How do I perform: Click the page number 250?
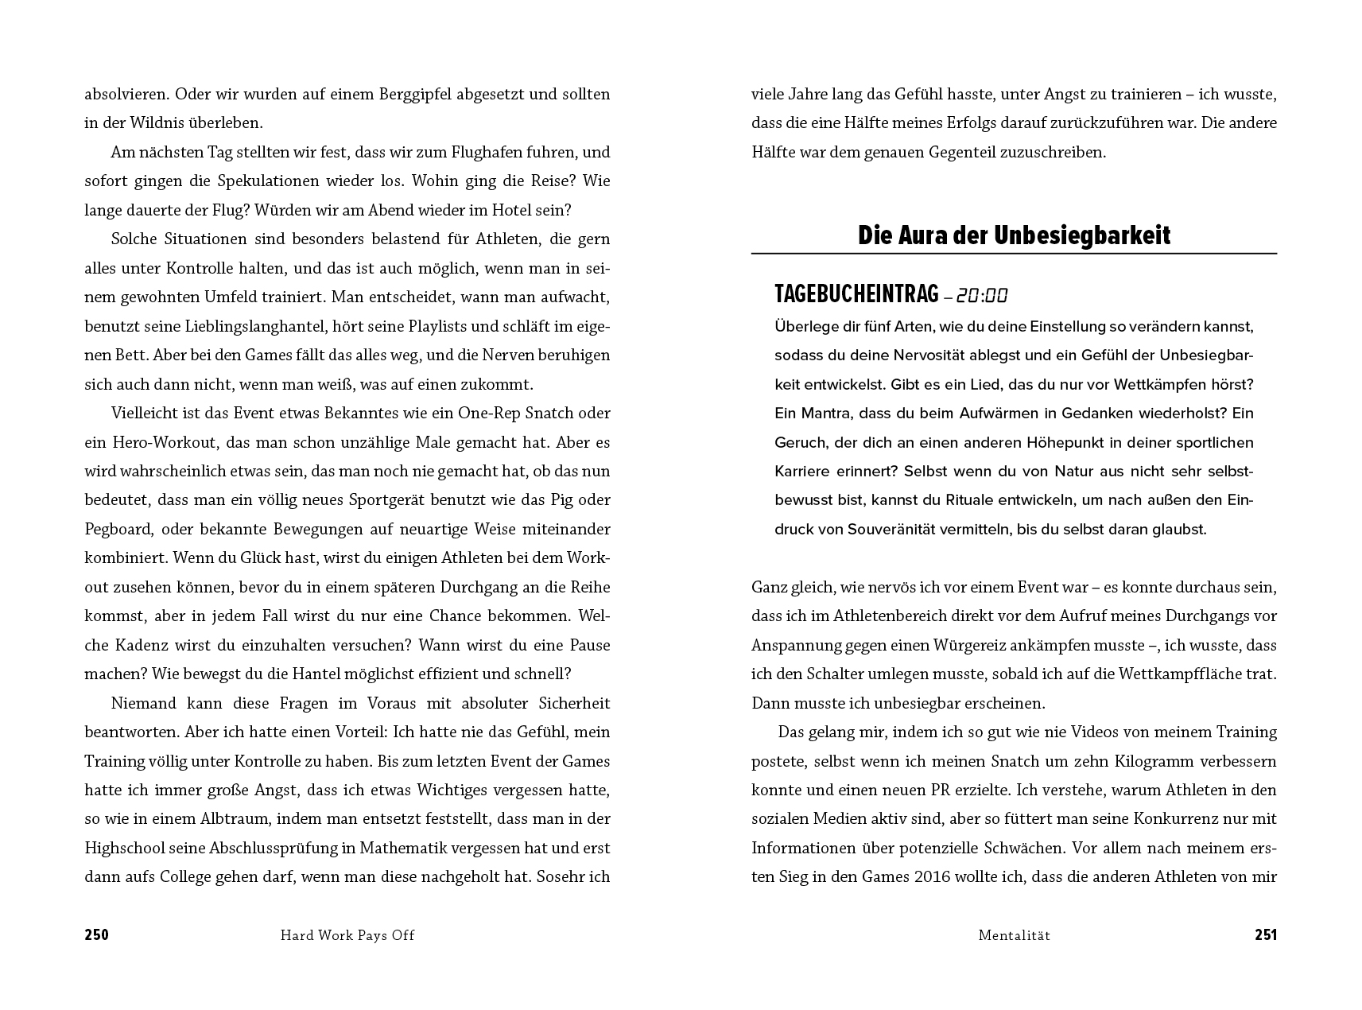tap(96, 935)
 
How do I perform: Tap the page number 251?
tap(1265, 935)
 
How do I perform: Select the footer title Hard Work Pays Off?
tap(347, 935)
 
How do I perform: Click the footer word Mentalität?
tap(1014, 935)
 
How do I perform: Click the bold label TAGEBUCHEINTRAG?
tap(856, 295)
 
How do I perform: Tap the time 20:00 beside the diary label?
tap(981, 296)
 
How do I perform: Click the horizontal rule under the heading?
tap(1014, 254)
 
